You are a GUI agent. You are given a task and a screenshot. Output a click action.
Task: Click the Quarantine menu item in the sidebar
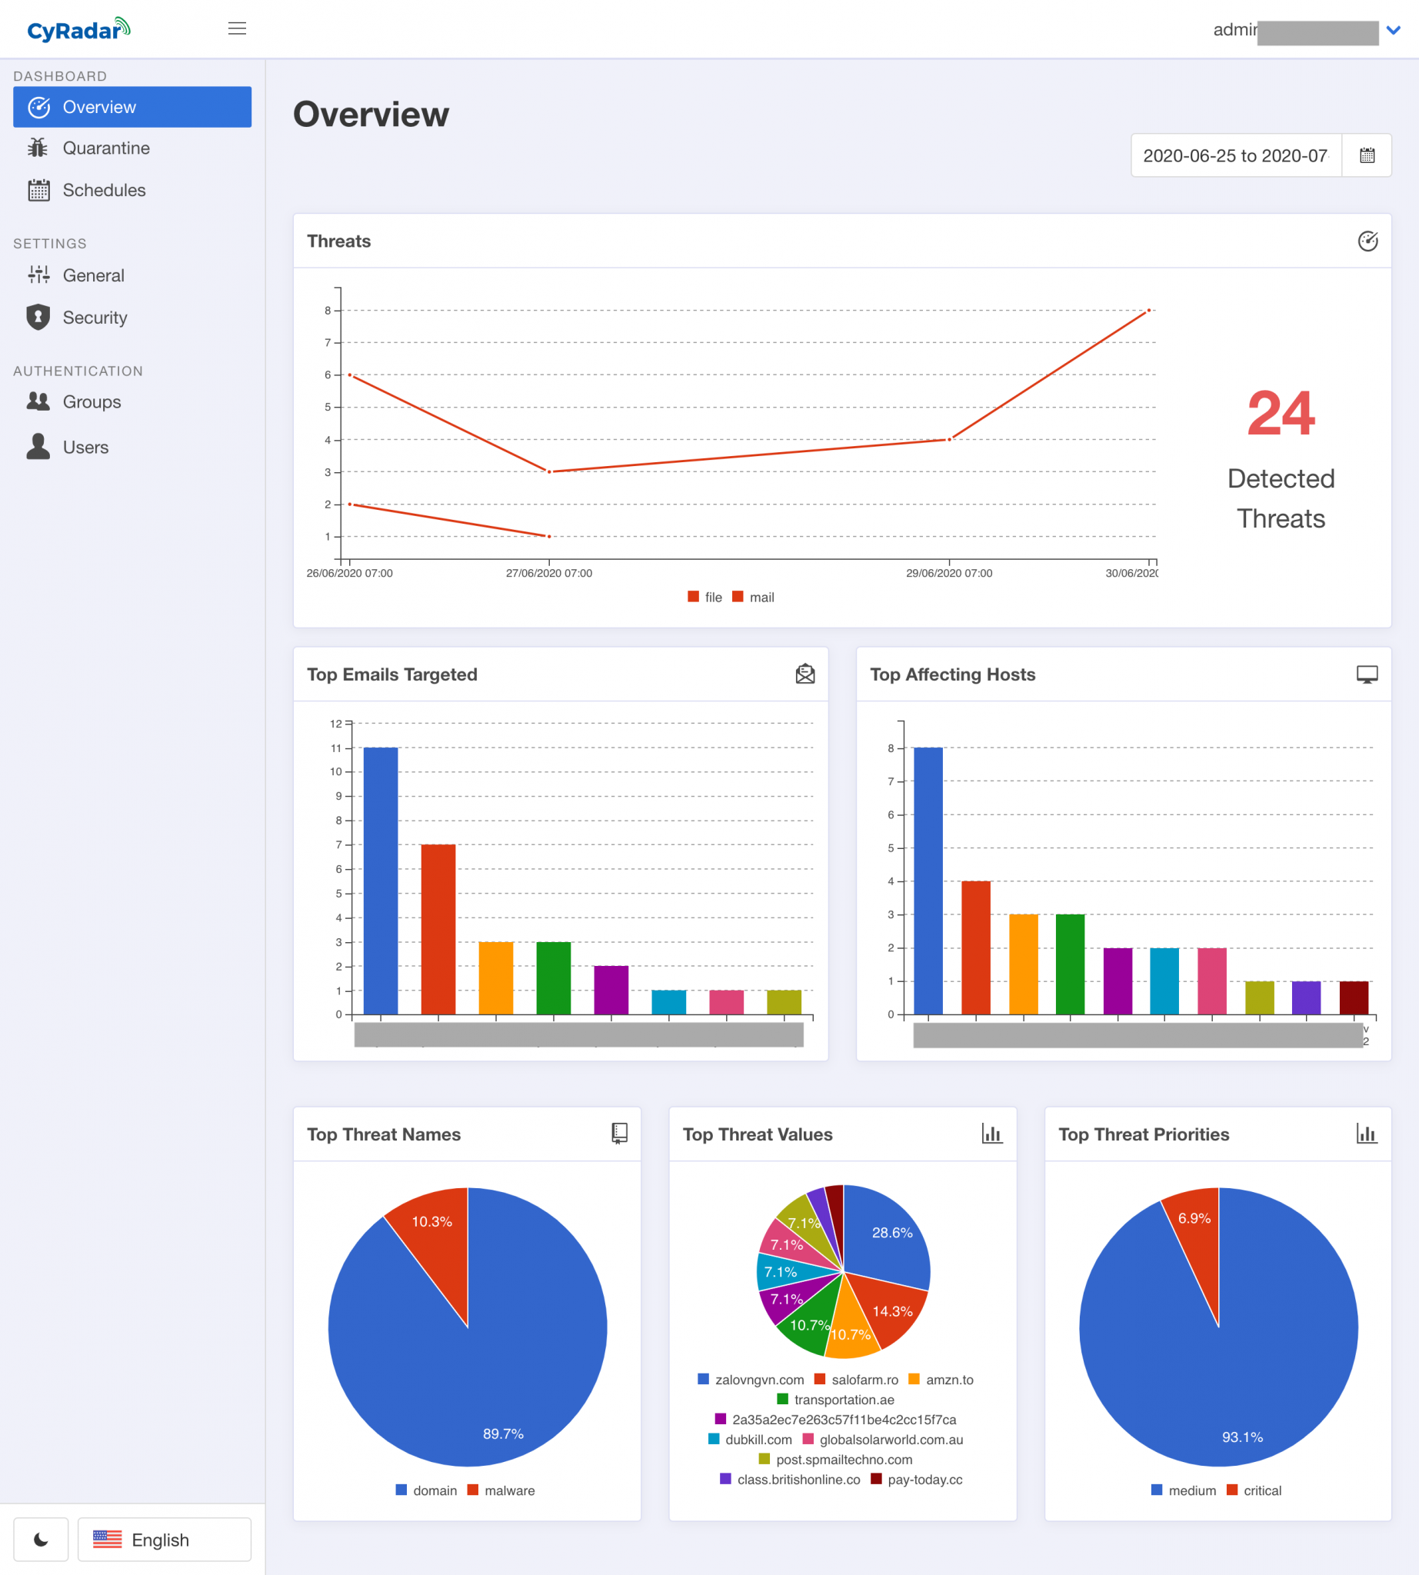[x=105, y=148]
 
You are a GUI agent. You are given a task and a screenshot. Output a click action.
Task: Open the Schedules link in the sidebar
[x=104, y=190]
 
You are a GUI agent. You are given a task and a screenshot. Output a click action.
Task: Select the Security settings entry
[x=95, y=318]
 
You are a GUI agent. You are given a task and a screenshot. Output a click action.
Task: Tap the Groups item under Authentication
[x=92, y=401]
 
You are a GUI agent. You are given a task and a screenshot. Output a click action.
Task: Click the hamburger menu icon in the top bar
[x=237, y=29]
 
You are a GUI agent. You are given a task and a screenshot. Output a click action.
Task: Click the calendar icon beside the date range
[x=1367, y=155]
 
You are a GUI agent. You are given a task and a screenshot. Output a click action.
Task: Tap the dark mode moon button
[x=41, y=1539]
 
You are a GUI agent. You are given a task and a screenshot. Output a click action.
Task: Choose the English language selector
[x=164, y=1539]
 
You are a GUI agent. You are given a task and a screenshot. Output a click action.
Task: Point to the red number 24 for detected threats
[x=1281, y=413]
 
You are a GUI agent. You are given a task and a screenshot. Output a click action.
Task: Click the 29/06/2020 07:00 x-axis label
[x=949, y=573]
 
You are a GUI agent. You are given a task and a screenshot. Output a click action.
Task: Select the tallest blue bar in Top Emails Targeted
[x=381, y=881]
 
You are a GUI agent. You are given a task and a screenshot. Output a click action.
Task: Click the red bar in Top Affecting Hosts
[x=975, y=947]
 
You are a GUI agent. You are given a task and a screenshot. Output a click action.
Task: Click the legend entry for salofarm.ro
[x=864, y=1380]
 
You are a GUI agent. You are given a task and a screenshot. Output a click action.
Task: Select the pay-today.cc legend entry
[x=924, y=1479]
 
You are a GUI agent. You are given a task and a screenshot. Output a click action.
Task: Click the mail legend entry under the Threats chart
[x=761, y=598]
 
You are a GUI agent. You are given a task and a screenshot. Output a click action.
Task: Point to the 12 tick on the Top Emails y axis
[x=336, y=724]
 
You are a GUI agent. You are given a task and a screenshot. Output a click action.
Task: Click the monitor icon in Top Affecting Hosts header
[x=1367, y=674]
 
